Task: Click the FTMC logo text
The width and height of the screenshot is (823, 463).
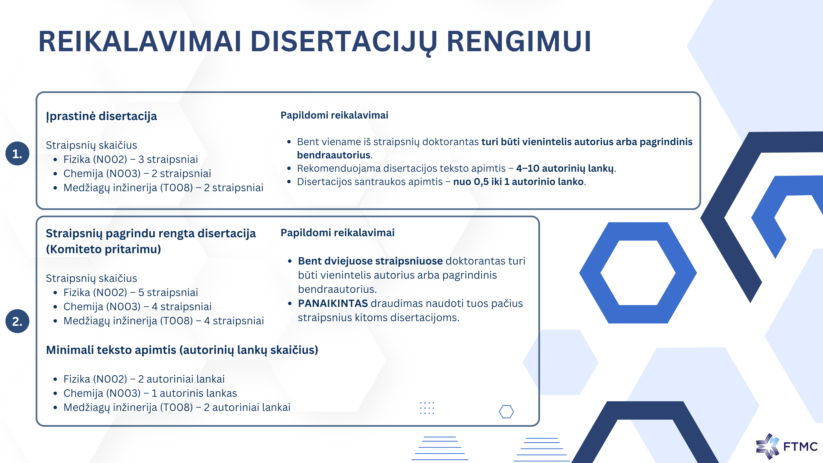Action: (800, 446)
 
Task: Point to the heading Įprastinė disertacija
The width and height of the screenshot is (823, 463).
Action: (102, 116)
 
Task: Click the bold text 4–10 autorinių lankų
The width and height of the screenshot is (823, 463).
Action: (565, 168)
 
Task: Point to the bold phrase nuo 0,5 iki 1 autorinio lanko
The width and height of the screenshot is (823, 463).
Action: (518, 182)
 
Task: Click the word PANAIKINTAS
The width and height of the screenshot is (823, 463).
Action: (333, 303)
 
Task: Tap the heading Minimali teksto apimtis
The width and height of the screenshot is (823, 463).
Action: (182, 350)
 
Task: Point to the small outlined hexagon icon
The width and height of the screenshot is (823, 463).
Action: (506, 412)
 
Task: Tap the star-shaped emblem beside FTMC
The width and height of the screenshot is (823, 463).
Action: (767, 446)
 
